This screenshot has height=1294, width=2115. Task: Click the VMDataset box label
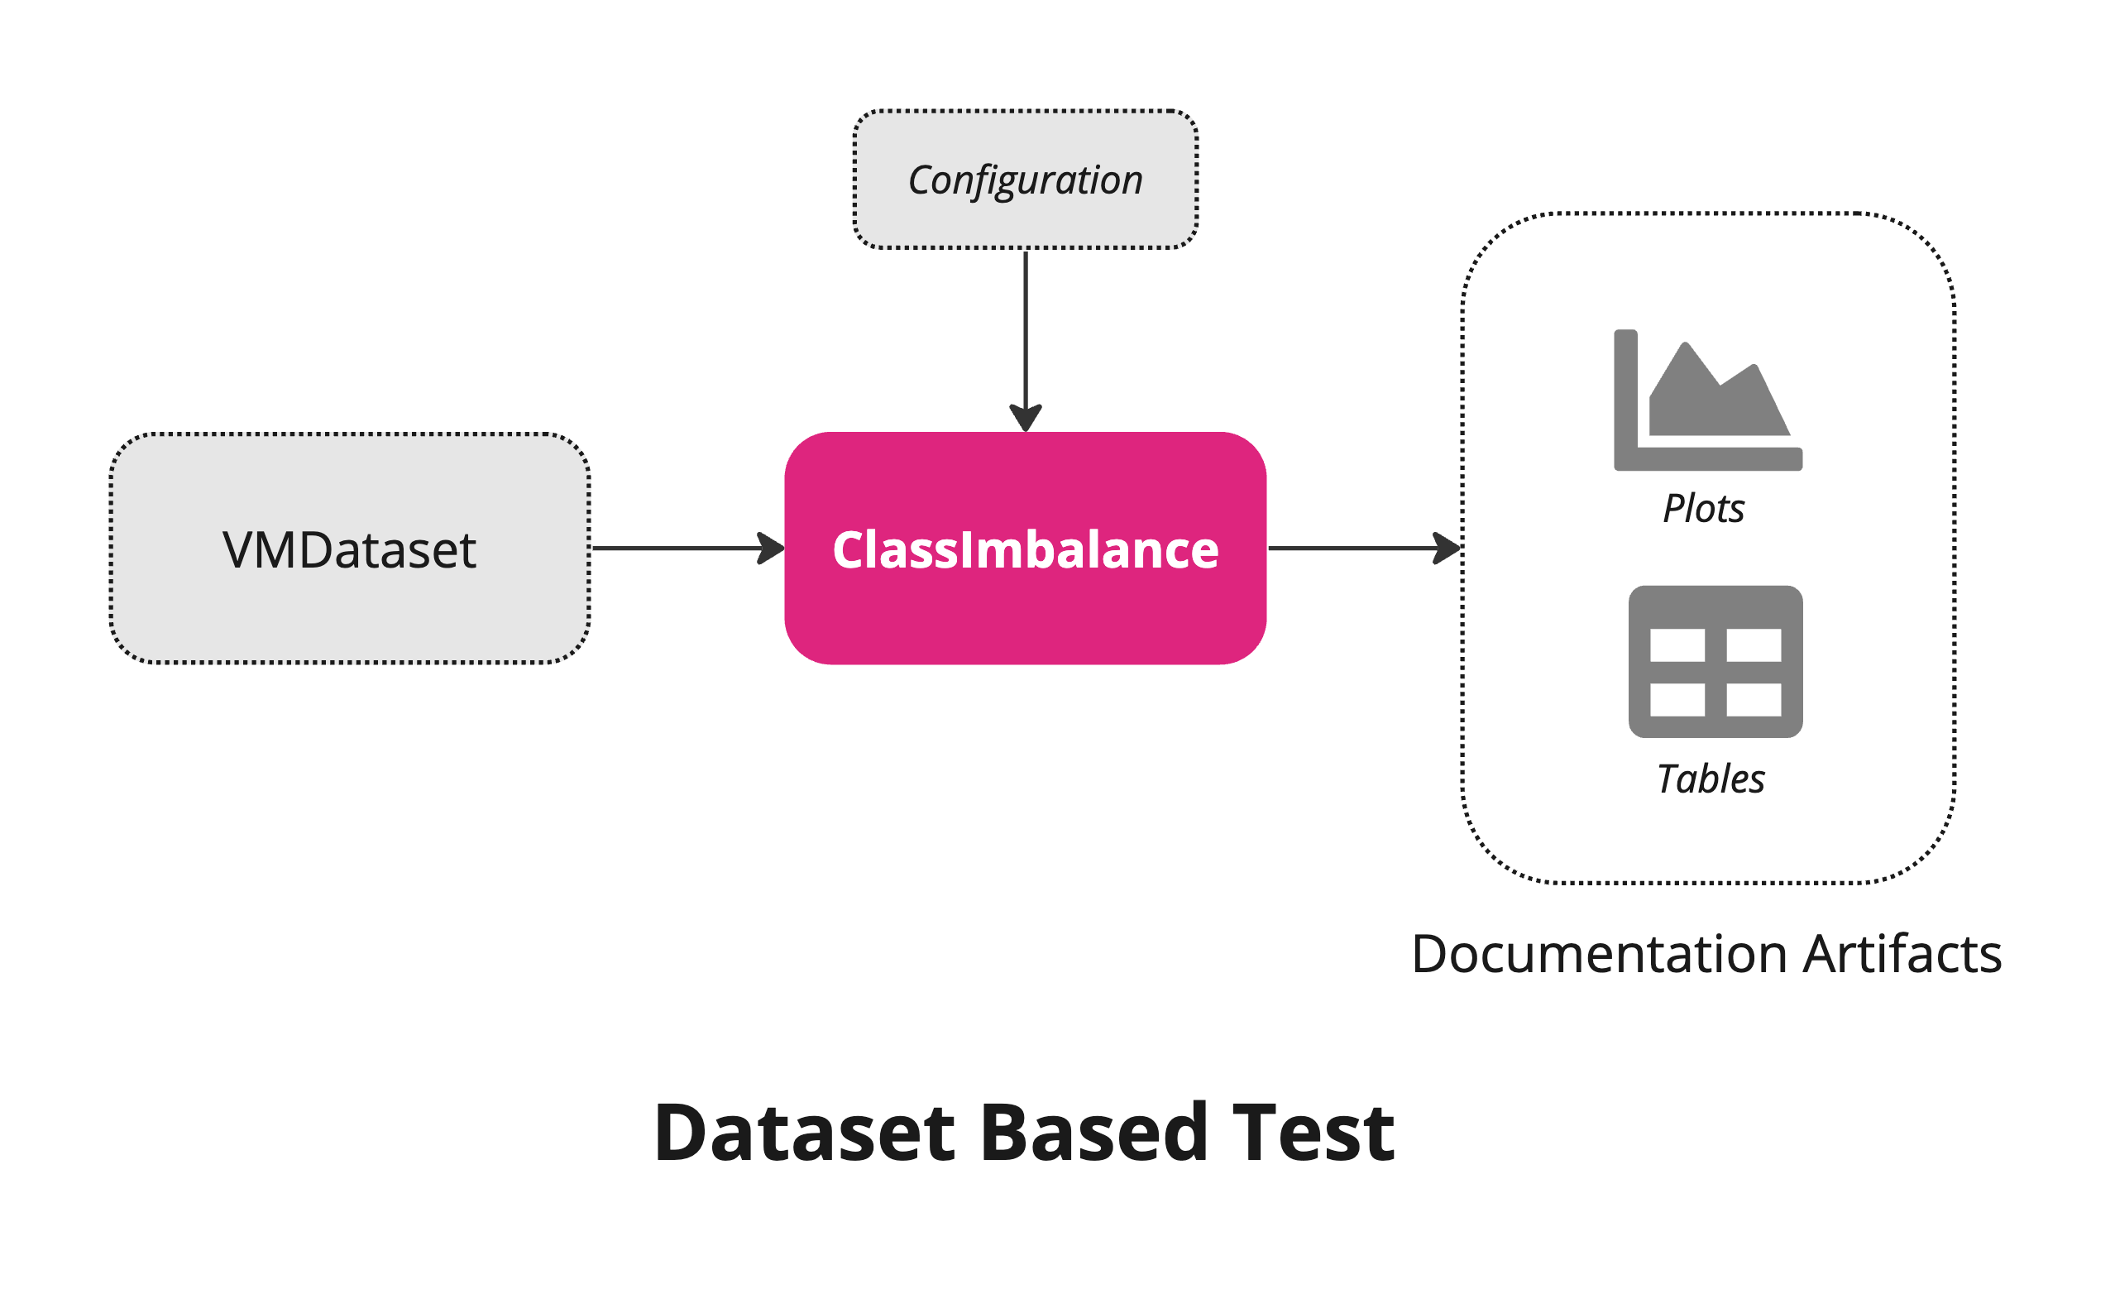tap(349, 550)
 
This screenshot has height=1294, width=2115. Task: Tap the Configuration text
tap(1025, 180)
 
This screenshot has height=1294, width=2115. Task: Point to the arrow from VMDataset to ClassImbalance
tap(678, 548)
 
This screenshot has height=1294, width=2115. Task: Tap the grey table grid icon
tap(1715, 662)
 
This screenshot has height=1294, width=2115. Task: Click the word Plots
tap(1703, 508)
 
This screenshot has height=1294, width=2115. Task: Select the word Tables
tap(1710, 779)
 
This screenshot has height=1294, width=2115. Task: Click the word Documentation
tap(1598, 955)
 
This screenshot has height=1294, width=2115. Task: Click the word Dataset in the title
tap(804, 1133)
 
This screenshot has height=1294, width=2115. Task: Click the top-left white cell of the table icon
tap(1677, 645)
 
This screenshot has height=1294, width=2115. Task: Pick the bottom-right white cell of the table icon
tap(1754, 700)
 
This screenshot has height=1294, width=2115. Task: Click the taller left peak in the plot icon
tap(1686, 361)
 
